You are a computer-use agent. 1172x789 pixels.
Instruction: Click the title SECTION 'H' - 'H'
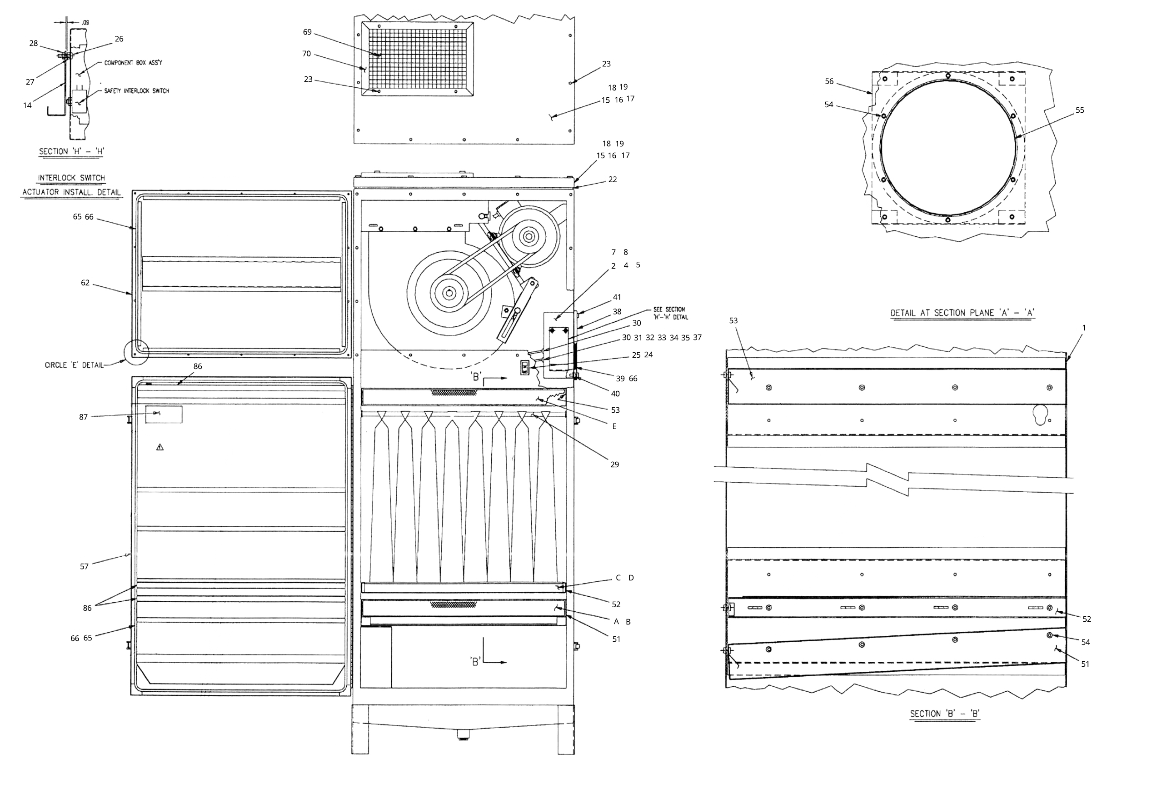coord(71,151)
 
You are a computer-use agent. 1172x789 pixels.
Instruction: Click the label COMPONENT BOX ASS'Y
coord(133,63)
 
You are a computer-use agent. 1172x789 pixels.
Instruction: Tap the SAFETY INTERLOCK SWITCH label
coord(136,91)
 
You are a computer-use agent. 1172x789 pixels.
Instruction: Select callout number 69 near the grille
coord(307,32)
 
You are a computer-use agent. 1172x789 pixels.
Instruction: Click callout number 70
coord(306,54)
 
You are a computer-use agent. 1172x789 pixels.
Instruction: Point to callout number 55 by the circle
coord(1079,110)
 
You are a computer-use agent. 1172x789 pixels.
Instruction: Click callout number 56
coord(829,81)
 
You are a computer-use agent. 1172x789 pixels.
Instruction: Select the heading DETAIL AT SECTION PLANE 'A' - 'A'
coord(962,313)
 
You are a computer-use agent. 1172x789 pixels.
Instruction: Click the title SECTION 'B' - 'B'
coord(945,714)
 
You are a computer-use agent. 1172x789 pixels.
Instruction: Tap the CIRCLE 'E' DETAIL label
coord(74,365)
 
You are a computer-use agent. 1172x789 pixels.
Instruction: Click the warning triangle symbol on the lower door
coord(160,447)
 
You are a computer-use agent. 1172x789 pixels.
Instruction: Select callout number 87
coord(84,417)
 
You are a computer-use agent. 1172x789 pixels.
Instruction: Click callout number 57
coord(84,567)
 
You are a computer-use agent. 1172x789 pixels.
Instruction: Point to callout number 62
coord(85,283)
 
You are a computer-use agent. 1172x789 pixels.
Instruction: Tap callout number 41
coord(617,297)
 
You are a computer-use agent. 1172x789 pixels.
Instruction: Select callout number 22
coord(612,180)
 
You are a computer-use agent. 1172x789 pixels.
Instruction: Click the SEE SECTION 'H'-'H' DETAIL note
coord(670,313)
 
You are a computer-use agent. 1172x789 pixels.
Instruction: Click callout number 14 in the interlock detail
coord(27,105)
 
